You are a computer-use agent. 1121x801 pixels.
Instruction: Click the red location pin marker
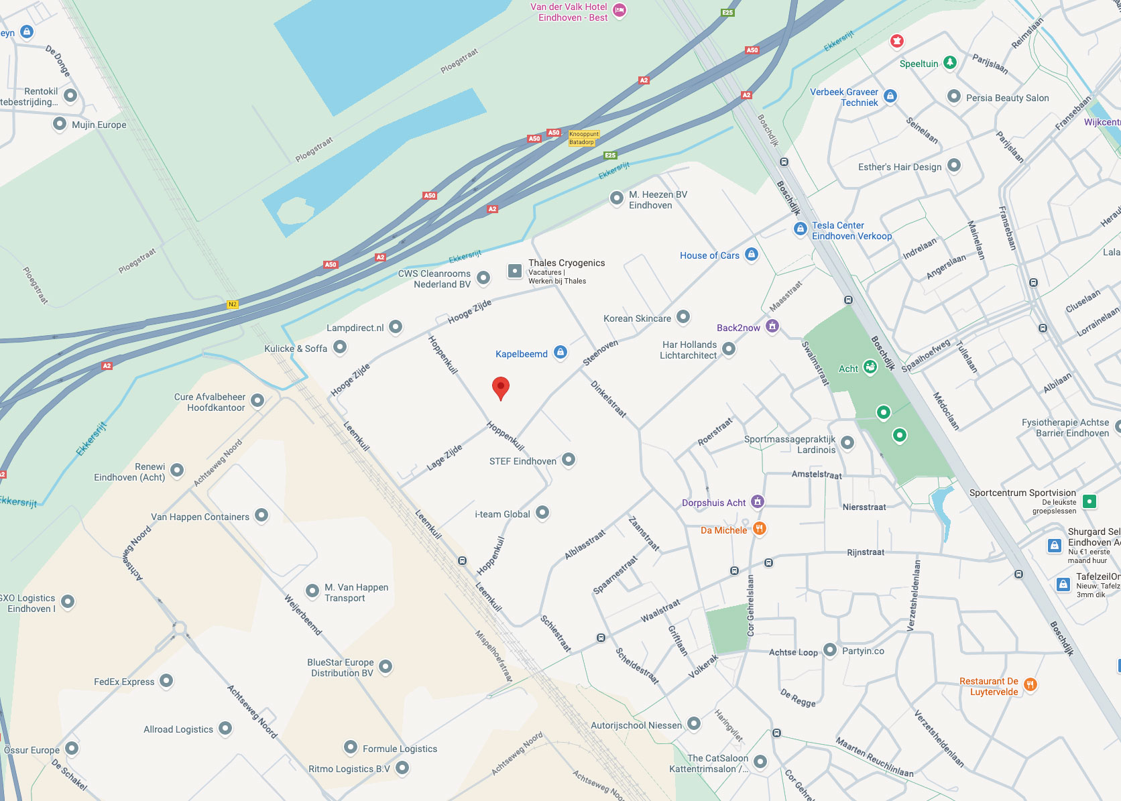tap(500, 387)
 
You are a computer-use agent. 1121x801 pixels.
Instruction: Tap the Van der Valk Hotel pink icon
tap(619, 10)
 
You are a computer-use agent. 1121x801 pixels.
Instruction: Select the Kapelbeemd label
tap(521, 354)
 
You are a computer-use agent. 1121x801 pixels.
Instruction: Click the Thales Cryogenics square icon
tap(514, 271)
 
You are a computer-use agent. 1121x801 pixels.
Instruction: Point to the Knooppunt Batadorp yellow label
tap(583, 138)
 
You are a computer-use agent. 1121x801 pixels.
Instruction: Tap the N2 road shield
tap(232, 304)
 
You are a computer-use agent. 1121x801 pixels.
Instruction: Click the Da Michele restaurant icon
tap(759, 529)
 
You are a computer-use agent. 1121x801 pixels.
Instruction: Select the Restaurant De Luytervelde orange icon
tap(1030, 684)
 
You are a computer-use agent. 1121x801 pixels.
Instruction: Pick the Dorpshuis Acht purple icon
tap(757, 501)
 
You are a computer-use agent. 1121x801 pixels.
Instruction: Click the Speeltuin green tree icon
tap(949, 62)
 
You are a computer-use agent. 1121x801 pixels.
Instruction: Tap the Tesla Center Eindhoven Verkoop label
tap(851, 231)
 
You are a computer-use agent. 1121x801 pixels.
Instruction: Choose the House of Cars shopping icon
tap(751, 254)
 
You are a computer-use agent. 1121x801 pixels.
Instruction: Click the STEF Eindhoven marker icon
tap(568, 459)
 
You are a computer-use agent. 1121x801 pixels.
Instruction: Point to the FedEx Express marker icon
tap(166, 681)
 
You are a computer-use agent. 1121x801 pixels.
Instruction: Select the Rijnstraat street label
tap(865, 552)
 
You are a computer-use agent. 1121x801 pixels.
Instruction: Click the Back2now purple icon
tap(772, 326)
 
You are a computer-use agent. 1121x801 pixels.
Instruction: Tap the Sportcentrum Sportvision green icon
tap(1089, 501)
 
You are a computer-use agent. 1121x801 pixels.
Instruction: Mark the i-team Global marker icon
tap(542, 513)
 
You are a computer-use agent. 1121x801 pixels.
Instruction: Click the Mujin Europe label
tap(99, 125)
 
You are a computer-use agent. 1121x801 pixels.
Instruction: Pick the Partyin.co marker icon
tap(829, 650)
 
